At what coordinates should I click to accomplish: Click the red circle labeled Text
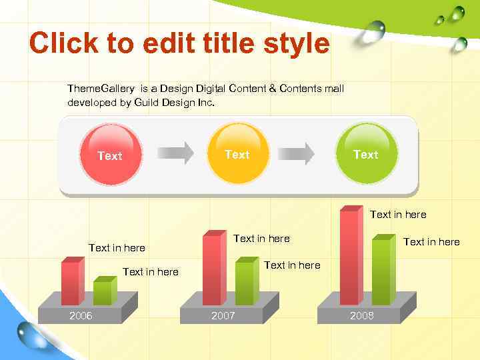[110, 154]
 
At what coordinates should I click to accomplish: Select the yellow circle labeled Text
[238, 153]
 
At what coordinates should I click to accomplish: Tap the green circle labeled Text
[366, 153]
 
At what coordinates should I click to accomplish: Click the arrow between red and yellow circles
[175, 153]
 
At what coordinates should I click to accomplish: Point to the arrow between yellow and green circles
[297, 153]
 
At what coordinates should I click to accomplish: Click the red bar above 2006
[71, 282]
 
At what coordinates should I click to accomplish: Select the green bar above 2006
[103, 292]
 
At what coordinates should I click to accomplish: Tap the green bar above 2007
[245, 283]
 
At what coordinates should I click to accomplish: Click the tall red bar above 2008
[350, 257]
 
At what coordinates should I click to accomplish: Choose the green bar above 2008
[382, 271]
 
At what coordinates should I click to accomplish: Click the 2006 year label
[81, 315]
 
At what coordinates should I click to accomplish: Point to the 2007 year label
[223, 315]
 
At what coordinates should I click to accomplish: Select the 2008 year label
[362, 315]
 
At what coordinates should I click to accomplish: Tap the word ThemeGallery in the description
[101, 89]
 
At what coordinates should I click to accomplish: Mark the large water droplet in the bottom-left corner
[31, 333]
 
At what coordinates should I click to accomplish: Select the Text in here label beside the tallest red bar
[398, 214]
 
